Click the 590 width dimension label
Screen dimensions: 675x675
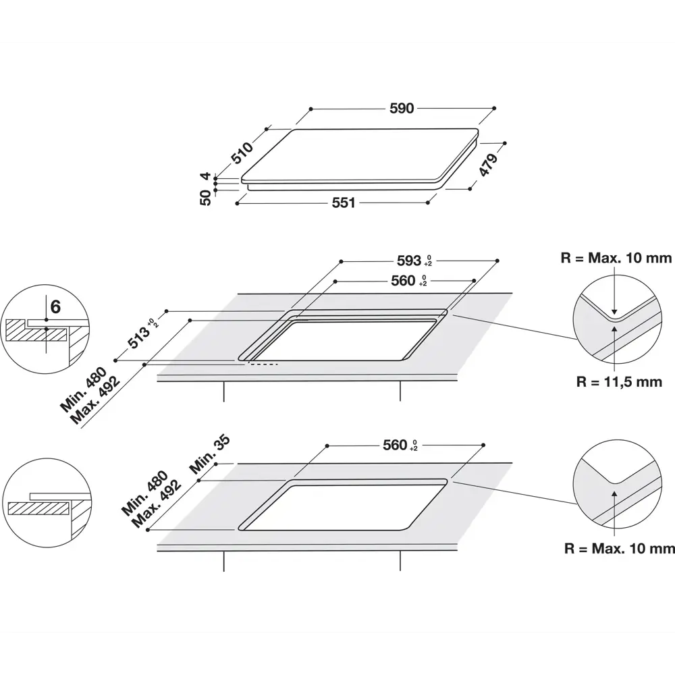tap(402, 108)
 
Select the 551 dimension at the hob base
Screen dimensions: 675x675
tap(343, 202)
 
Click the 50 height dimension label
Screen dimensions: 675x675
tap(206, 196)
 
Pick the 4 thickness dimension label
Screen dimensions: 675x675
tap(206, 176)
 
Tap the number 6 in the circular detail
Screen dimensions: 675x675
tap(55, 307)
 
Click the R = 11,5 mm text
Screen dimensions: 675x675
tap(619, 382)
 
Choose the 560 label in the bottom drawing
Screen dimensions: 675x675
tap(395, 445)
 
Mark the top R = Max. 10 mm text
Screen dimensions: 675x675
tap(616, 258)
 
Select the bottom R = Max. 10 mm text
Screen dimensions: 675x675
tap(619, 549)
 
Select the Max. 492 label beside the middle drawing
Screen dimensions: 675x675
tap(97, 400)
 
